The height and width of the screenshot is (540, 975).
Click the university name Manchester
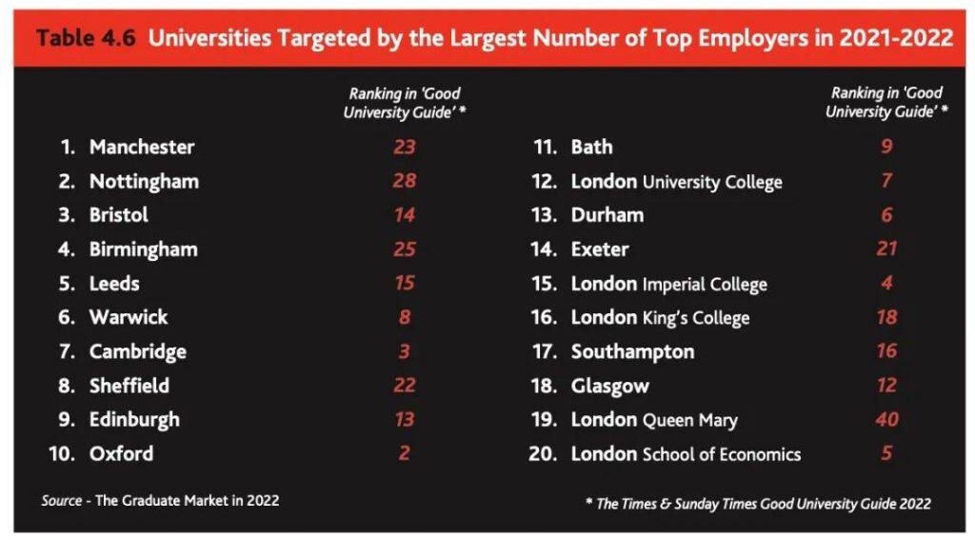[141, 147]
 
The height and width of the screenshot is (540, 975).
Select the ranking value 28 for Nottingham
[404, 181]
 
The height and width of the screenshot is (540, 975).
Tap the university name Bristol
[119, 215]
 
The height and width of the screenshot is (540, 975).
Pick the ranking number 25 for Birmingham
[404, 250]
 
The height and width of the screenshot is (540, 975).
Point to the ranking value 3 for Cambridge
[404, 351]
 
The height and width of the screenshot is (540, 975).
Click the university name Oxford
[121, 453]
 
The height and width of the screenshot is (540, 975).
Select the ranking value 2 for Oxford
[404, 453]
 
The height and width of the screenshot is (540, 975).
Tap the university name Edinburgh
[134, 419]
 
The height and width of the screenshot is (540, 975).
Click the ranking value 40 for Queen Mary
[886, 419]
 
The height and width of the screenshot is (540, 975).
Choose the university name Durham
[607, 215]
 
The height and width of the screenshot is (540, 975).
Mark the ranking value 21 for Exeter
[886, 250]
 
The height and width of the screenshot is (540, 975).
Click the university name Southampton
[632, 351]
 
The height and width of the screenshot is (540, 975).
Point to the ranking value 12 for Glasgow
[886, 385]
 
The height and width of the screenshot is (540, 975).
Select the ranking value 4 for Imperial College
[886, 283]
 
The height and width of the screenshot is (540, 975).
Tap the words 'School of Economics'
[722, 454]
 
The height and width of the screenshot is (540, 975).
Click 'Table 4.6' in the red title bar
[86, 38]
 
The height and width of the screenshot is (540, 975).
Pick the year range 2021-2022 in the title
[895, 38]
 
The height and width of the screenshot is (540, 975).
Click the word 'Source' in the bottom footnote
[62, 500]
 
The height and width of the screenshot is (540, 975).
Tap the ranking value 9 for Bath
[886, 147]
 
